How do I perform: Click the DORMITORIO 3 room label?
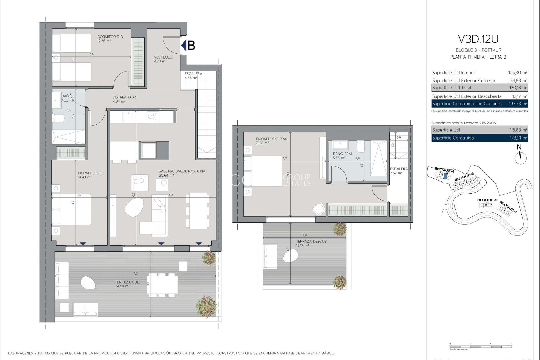pos(110,37)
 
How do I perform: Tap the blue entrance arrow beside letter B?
pos(184,45)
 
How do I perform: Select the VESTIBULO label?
pos(163,57)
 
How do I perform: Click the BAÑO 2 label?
pos(68,96)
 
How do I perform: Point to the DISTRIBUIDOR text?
pos(124,97)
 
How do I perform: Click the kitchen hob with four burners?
pos(153,117)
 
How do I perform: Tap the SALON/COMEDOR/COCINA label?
pos(182,171)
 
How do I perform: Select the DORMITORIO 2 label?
pos(91,173)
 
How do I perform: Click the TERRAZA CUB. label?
pos(127,282)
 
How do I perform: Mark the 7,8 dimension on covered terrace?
pos(136,273)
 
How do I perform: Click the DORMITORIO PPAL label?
pos(272,139)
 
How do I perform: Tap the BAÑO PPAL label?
pos(343,154)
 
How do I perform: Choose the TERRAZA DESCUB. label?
pos(311,241)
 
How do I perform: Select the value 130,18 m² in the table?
pos(518,88)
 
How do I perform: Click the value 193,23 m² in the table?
pos(518,103)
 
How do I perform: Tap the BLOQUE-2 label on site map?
pos(487,200)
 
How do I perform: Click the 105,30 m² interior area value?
pos(517,73)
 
